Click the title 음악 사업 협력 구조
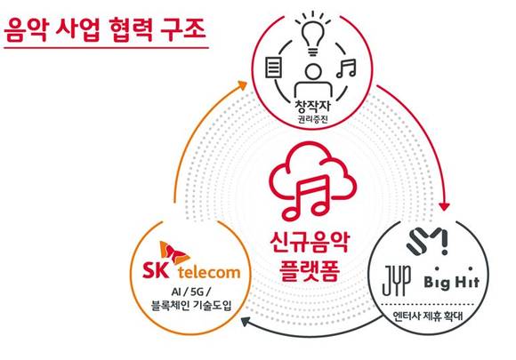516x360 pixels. pyautogui.click(x=105, y=30)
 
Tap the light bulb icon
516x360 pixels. pyautogui.click(x=312, y=34)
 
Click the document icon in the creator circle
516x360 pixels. pyautogui.click(x=274, y=67)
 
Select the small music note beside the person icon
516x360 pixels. pyautogui.click(x=346, y=68)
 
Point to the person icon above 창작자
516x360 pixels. pyautogui.click(x=313, y=80)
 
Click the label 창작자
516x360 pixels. pyautogui.click(x=312, y=106)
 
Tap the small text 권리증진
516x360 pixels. pyautogui.click(x=312, y=119)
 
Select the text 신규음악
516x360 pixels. pyautogui.click(x=309, y=243)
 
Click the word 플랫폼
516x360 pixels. pyautogui.click(x=310, y=270)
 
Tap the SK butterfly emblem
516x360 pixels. pyautogui.click(x=173, y=252)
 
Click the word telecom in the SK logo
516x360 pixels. pyautogui.click(x=209, y=273)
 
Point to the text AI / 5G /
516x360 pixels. pyautogui.click(x=191, y=292)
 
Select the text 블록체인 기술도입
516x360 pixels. pyautogui.click(x=191, y=306)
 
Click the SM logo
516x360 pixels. pyautogui.click(x=427, y=242)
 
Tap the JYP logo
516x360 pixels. pyautogui.click(x=397, y=280)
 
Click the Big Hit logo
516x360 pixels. pyautogui.click(x=452, y=278)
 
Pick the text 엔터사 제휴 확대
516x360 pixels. pyautogui.click(x=428, y=316)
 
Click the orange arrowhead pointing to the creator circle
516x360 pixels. pyautogui.click(x=243, y=84)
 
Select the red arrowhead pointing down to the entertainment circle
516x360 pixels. pyautogui.click(x=445, y=206)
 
